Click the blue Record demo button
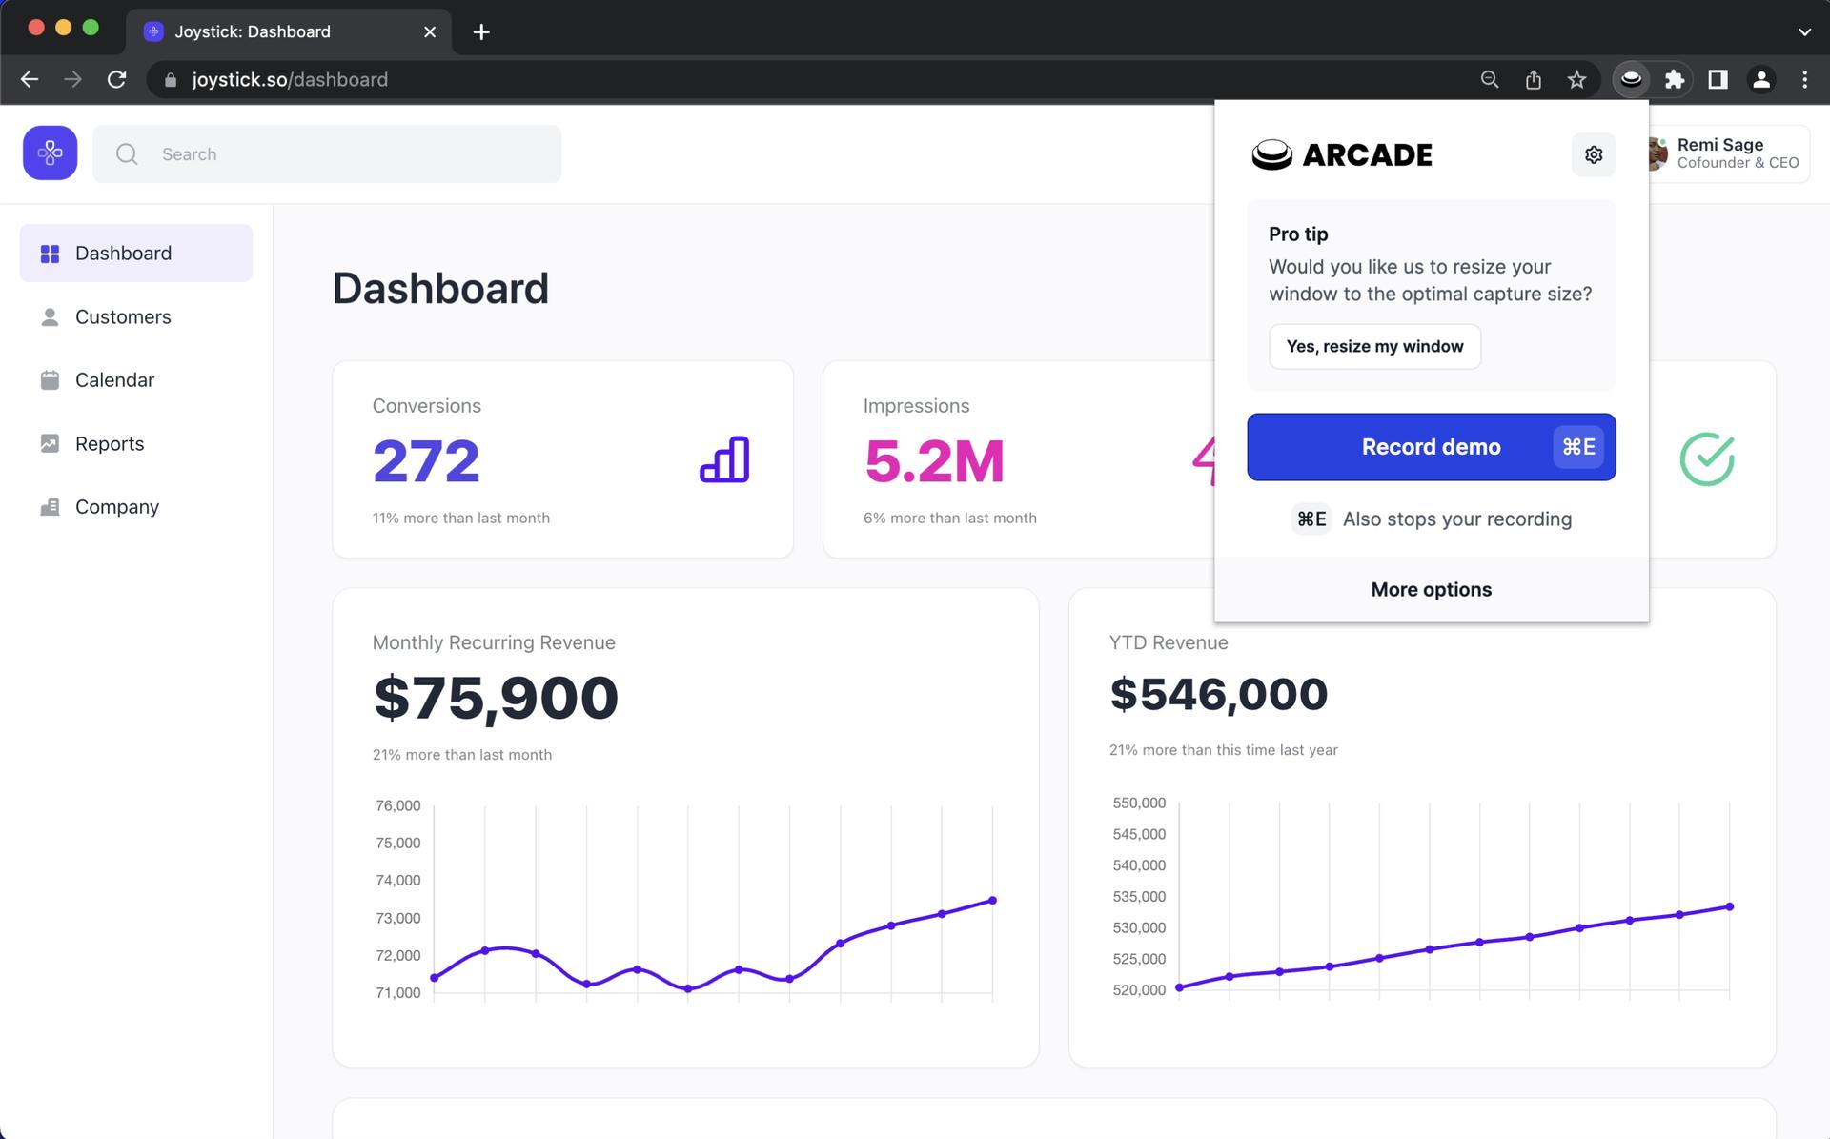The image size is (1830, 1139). click(x=1430, y=447)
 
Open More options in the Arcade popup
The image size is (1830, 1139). click(x=1431, y=589)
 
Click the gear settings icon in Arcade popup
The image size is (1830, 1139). click(x=1593, y=154)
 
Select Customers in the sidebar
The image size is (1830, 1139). click(x=123, y=316)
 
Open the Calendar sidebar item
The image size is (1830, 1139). click(x=114, y=379)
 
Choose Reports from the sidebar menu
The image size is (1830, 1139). click(x=110, y=443)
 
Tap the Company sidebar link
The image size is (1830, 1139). click(x=116, y=507)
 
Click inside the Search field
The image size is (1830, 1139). click(x=343, y=154)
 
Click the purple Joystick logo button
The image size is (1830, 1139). click(x=51, y=153)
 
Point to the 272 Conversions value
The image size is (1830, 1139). click(x=426, y=461)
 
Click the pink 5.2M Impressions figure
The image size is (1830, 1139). click(x=934, y=461)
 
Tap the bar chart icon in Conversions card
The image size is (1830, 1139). click(x=724, y=460)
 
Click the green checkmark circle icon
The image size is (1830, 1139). click(x=1706, y=459)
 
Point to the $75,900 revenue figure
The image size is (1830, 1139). click(x=496, y=698)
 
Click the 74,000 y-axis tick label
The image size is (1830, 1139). click(x=397, y=880)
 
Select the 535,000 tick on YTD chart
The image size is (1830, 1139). click(x=1139, y=896)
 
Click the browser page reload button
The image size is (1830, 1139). click(x=116, y=80)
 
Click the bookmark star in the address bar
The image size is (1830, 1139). click(x=1576, y=80)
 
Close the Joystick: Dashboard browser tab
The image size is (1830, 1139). click(x=430, y=31)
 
